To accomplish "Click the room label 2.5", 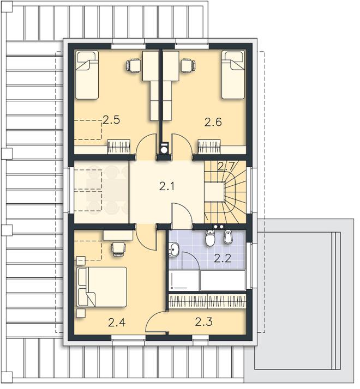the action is pos(111,120).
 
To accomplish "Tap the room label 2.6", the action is pos(213,122).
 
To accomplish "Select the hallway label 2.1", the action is pos(166,186).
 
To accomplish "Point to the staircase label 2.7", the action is pos(226,166).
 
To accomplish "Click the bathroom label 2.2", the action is pos(223,259).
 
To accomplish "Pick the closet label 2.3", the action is pos(203,322).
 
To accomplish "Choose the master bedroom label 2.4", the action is pos(117,323).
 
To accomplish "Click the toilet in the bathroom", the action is pos(210,238).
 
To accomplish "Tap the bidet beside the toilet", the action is pos(227,237).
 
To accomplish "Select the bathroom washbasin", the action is pos(173,250).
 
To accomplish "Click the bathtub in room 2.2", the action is pos(223,280).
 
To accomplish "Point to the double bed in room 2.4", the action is pos(102,287).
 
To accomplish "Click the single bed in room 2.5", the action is pos(87,75).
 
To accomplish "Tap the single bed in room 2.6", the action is pos(233,75).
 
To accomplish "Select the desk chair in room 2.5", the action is pos(133,66).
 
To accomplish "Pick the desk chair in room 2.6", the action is pos(188,65).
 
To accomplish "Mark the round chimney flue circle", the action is pos(164,150).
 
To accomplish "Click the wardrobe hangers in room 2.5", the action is pos(119,147).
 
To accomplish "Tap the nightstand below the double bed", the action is pos(81,313).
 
